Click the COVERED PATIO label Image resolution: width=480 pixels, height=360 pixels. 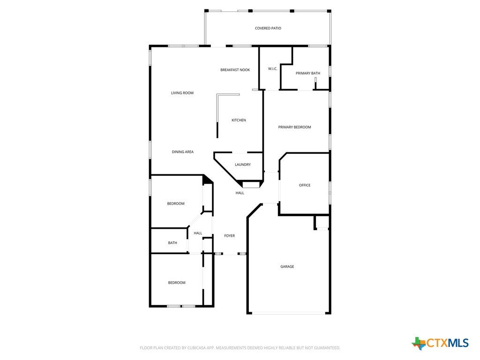[x=268, y=28]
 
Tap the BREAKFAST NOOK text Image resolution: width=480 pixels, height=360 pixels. [x=235, y=70]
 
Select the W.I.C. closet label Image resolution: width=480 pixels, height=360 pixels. [x=272, y=68]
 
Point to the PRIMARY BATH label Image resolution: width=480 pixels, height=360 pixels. [x=307, y=73]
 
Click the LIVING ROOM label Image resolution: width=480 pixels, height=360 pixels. [x=182, y=93]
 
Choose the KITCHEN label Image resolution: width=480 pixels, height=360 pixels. [x=239, y=120]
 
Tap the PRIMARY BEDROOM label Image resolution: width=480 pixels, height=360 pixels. [x=294, y=127]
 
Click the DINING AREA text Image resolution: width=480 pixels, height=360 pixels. [x=182, y=152]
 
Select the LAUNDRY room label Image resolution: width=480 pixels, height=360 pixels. [x=243, y=165]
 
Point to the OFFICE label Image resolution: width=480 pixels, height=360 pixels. [x=305, y=185]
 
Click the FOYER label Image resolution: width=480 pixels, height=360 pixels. [x=230, y=236]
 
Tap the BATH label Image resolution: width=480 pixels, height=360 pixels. [x=172, y=243]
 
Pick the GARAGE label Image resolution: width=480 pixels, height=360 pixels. [x=287, y=267]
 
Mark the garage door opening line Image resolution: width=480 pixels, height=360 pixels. [x=289, y=313]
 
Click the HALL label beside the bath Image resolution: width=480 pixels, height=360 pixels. [x=198, y=233]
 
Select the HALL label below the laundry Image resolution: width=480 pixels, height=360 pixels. [x=240, y=193]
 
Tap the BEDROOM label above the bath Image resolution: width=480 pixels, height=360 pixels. [x=176, y=203]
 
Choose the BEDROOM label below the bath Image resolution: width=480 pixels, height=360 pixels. [x=177, y=283]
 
